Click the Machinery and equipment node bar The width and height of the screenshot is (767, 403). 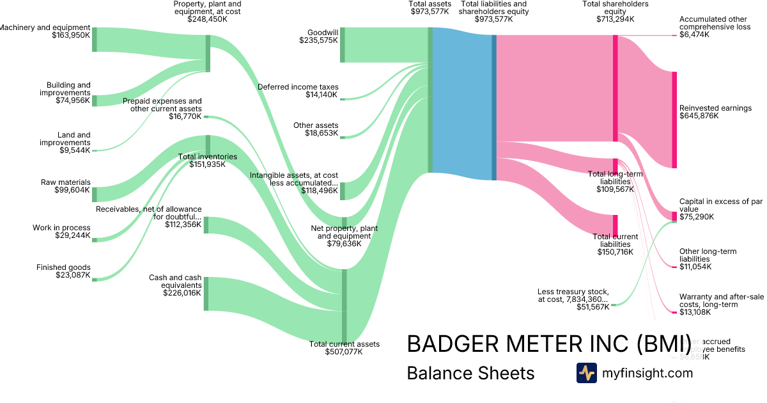click(95, 39)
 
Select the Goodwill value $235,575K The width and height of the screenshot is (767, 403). click(318, 40)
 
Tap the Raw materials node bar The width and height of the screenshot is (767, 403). click(95, 194)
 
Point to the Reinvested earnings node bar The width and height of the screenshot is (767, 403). click(674, 120)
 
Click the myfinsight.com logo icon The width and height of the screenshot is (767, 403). click(586, 373)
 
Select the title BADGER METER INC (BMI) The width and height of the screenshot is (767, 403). click(549, 344)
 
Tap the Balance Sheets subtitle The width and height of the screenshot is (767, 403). click(470, 373)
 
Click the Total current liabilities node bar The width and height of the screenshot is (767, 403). click(616, 225)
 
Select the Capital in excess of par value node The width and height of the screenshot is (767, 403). click(674, 216)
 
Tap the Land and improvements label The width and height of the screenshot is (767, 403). click(75, 139)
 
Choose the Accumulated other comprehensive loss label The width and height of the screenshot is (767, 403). click(715, 23)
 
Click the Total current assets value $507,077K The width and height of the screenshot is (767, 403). click(344, 352)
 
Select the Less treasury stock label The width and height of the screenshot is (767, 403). click(573, 296)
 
